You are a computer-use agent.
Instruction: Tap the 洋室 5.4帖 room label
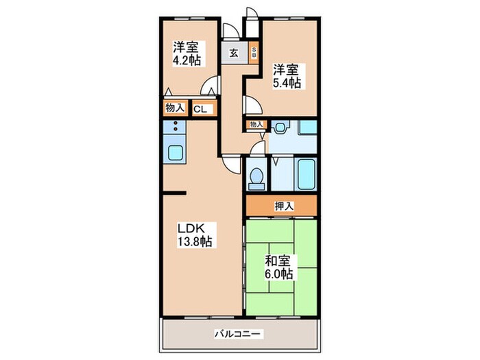tap(288, 76)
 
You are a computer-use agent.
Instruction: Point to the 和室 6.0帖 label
tap(279, 267)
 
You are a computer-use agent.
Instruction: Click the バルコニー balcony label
tap(239, 334)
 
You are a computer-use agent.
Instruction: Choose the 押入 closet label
tap(281, 204)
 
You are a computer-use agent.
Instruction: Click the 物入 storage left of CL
tap(175, 108)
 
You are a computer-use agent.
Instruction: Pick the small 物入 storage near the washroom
tap(256, 124)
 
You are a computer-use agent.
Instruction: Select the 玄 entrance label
tap(234, 53)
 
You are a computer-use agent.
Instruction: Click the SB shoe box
tap(253, 52)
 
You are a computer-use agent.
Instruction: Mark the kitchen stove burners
tap(175, 128)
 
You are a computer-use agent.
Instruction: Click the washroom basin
tap(280, 128)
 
